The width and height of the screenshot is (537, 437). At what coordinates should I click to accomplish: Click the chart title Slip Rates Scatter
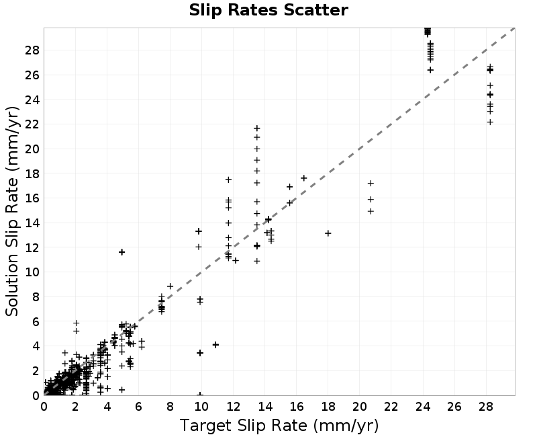[x=268, y=10]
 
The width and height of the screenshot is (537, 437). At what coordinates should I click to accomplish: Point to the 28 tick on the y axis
[x=32, y=50]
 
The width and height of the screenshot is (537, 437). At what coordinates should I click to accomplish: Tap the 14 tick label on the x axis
[x=264, y=407]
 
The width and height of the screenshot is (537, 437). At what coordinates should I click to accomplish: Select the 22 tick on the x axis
[x=391, y=407]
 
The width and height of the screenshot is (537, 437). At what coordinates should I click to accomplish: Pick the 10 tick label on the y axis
[x=32, y=272]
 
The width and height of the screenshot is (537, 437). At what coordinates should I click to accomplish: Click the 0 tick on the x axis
[x=44, y=407]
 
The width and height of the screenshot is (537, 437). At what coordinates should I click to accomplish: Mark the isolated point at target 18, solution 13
[x=328, y=233]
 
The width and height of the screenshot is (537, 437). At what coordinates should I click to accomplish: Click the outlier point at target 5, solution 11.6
[x=121, y=252]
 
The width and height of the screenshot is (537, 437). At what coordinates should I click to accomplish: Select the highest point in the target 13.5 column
[x=257, y=128]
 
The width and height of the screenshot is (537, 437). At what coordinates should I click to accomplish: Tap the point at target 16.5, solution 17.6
[x=304, y=178]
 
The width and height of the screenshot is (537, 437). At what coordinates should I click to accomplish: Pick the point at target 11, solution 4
[x=215, y=345]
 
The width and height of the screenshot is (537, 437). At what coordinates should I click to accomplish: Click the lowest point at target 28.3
[x=490, y=122]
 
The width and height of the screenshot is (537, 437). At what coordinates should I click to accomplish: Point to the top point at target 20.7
[x=371, y=184]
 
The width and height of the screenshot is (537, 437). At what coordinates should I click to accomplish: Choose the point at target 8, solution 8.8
[x=170, y=286]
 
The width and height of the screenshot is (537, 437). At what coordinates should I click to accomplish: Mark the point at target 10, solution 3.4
[x=200, y=352]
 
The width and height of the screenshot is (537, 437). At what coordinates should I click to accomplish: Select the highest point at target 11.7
[x=228, y=180]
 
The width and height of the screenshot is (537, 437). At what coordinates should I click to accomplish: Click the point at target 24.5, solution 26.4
[x=430, y=70]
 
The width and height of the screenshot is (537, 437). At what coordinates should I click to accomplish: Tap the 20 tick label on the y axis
[x=32, y=149]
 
